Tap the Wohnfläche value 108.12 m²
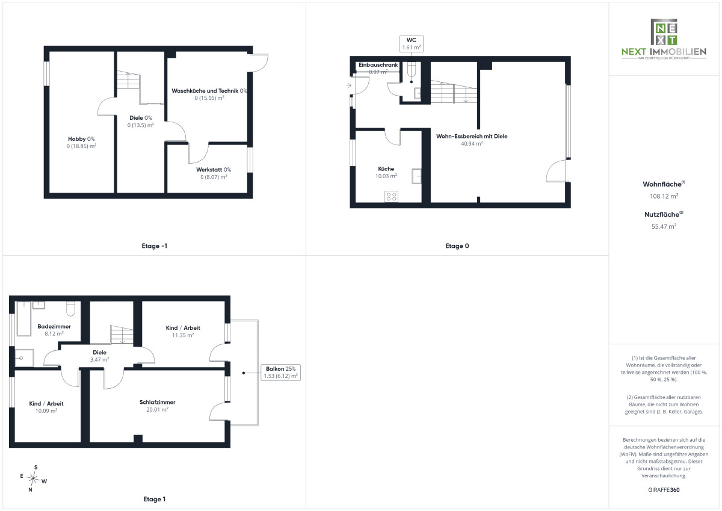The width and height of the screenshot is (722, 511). point(664,196)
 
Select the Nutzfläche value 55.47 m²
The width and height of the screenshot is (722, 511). point(664,226)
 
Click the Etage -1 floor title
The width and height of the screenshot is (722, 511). point(155,246)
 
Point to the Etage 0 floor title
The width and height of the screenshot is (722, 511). point(457,246)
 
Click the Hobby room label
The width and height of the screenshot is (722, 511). point(81,139)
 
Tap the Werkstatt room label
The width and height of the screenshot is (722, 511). point(214,170)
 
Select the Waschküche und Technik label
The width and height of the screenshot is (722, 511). point(209,91)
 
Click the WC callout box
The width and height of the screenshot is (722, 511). point(412,43)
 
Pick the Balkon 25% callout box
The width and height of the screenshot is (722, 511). point(281,373)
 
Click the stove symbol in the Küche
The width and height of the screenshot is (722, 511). point(391,196)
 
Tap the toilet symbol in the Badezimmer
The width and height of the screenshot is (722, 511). point(70,308)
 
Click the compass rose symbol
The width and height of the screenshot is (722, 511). point(33,478)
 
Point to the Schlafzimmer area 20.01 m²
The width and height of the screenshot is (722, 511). point(157,410)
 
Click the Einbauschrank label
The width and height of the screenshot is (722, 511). point(378,65)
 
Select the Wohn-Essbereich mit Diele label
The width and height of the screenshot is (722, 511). point(472,137)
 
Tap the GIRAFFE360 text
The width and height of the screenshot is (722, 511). point(664,490)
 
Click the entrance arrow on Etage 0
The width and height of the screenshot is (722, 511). point(349,85)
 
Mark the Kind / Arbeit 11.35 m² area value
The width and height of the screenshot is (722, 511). point(183,335)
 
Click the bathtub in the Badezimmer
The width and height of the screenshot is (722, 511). point(23,318)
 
